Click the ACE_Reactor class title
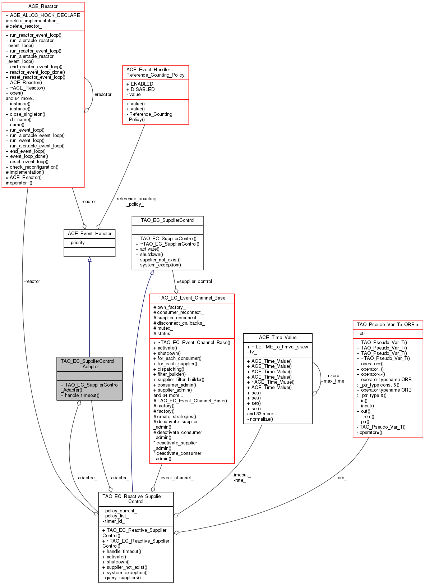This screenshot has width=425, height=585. [x=43, y=6]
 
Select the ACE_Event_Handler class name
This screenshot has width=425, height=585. [x=89, y=234]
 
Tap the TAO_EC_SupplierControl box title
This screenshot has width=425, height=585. [x=167, y=220]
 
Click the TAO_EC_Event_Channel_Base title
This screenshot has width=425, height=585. [x=192, y=298]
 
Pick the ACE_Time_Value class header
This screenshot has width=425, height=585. [x=278, y=338]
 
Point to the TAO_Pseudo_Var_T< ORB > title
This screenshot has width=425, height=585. [x=388, y=325]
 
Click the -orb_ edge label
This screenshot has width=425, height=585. [x=341, y=478]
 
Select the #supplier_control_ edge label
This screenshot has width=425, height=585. [x=195, y=282]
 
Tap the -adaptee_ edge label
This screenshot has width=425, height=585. [x=87, y=478]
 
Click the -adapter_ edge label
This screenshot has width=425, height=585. [x=119, y=478]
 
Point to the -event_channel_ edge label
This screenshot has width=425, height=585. [x=176, y=478]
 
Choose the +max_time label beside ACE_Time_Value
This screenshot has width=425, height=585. [x=332, y=381]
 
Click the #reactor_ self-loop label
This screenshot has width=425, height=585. [x=104, y=95]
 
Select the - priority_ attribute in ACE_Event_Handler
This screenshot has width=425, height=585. [x=78, y=243]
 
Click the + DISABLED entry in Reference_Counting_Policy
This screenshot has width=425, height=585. [x=140, y=90]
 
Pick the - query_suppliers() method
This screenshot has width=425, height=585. [x=121, y=578]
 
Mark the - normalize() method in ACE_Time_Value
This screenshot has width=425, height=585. [x=260, y=419]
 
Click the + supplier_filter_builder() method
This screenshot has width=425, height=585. [x=179, y=380]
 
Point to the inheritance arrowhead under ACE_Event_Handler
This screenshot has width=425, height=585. [x=89, y=259]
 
